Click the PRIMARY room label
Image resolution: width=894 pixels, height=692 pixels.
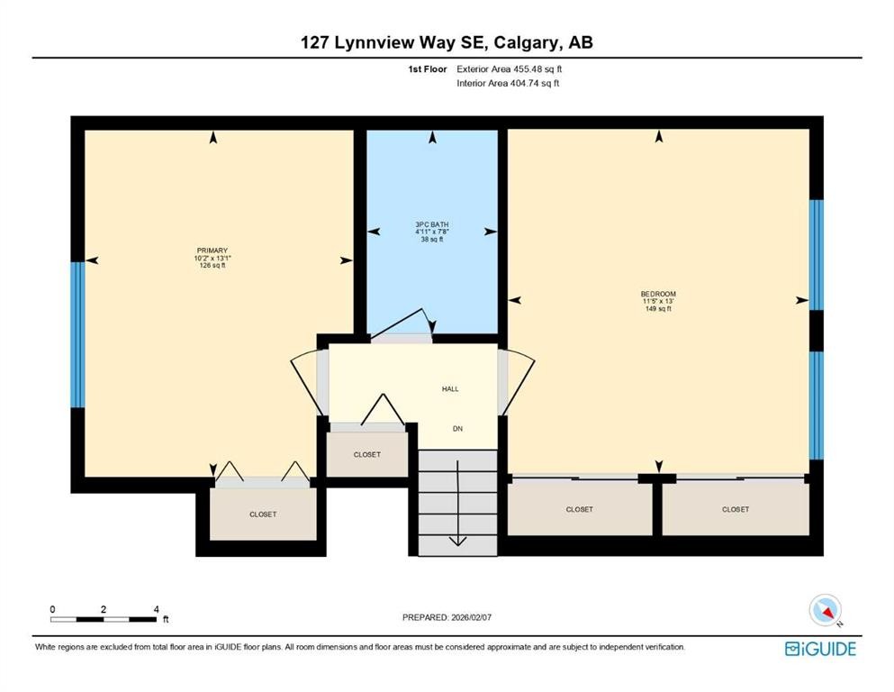[212, 250]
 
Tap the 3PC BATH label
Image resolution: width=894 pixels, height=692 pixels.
[432, 224]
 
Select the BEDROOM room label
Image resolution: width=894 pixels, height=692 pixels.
[657, 294]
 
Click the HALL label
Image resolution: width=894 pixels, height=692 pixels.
[450, 389]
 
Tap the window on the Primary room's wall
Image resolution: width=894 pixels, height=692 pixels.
[77, 334]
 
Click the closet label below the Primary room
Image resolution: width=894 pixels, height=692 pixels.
[263, 514]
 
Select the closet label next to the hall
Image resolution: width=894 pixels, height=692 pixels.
[366, 455]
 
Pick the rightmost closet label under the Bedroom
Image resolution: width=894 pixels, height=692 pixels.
[735, 510]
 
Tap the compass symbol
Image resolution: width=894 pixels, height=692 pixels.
[825, 611]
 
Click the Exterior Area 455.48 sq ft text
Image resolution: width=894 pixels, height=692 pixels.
[510, 68]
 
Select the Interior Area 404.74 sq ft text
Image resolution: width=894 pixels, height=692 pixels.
[509, 84]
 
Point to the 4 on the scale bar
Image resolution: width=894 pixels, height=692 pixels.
[157, 610]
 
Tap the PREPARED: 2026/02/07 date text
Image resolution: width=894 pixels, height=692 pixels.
[447, 617]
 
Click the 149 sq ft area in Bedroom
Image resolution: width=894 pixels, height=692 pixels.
[657, 309]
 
